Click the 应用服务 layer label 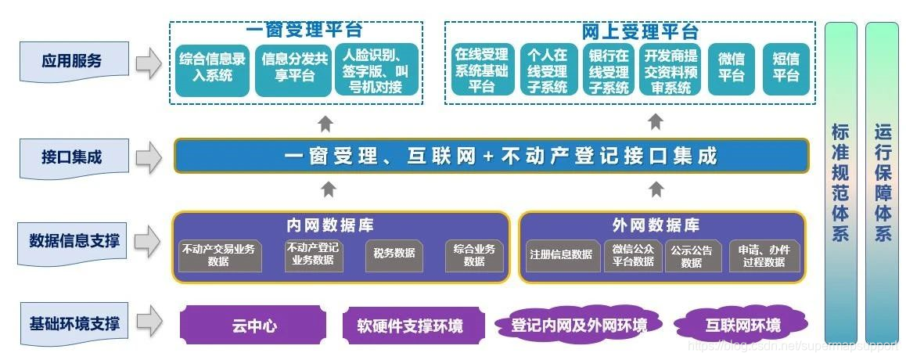(72, 61)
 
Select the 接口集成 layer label (72, 157)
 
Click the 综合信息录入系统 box (212, 67)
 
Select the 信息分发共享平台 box (293, 67)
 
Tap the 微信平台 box (731, 67)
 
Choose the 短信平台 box (786, 67)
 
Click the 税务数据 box (394, 254)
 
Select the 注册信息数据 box (561, 254)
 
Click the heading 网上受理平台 (640, 32)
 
